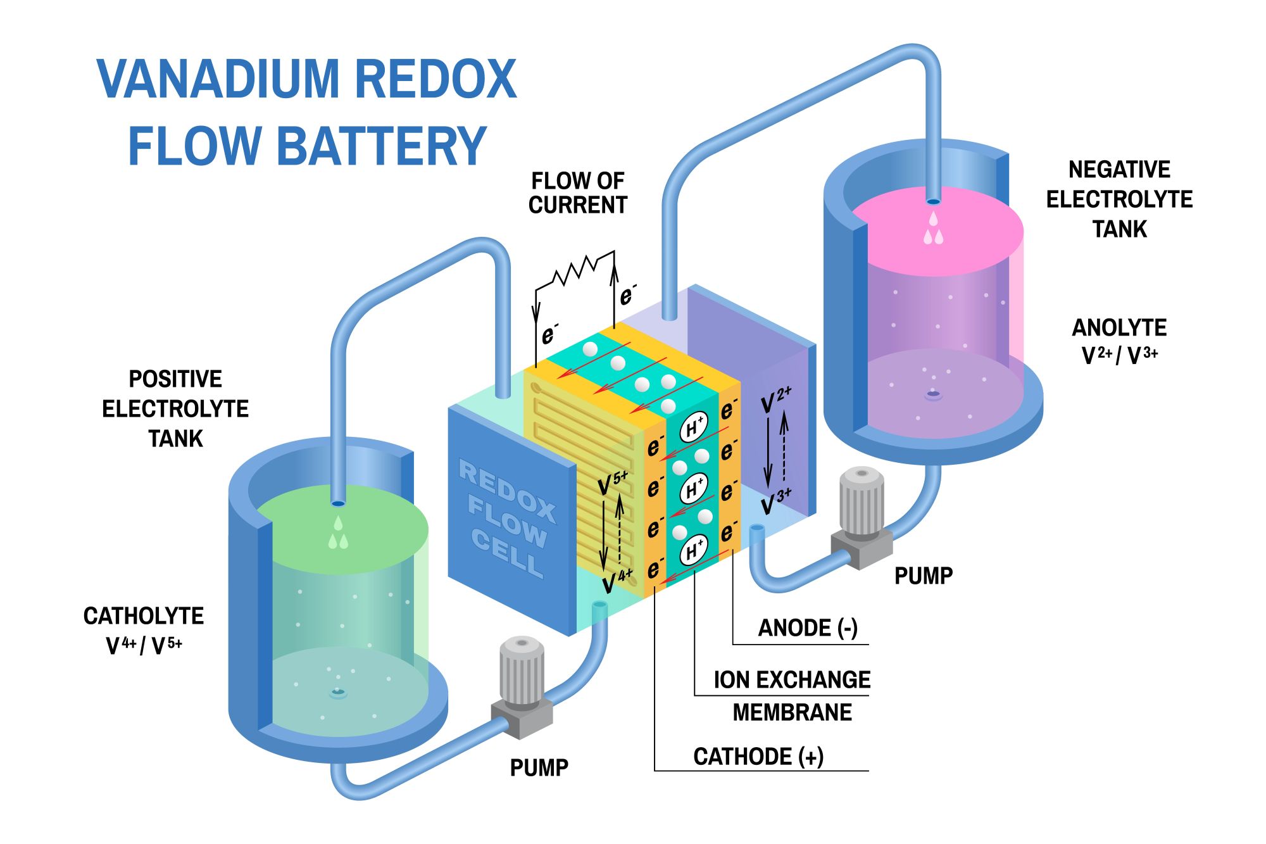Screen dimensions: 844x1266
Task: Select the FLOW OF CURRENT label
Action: coord(577,193)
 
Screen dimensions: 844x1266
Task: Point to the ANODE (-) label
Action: coord(807,628)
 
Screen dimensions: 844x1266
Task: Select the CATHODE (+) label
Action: coord(758,757)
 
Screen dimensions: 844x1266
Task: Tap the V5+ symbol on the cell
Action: coord(613,483)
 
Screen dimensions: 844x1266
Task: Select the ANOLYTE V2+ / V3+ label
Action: coord(1119,341)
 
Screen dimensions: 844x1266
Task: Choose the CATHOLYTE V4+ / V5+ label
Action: coord(144,630)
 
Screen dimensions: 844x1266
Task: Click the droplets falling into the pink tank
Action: coord(933,229)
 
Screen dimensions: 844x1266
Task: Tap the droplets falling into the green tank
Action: coord(338,533)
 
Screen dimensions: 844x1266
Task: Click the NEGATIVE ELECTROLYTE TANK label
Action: coord(1119,199)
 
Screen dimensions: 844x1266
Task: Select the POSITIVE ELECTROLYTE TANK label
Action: coord(175,408)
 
